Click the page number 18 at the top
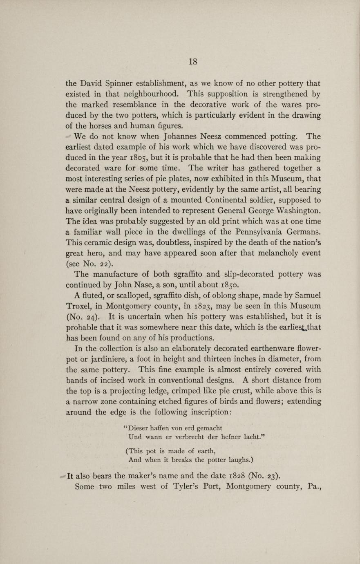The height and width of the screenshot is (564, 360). point(193,62)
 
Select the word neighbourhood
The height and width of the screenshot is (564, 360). point(149,94)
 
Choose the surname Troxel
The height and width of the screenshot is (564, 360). point(81,307)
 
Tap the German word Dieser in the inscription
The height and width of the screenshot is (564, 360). point(140,429)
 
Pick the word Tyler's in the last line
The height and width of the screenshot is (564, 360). point(189,487)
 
